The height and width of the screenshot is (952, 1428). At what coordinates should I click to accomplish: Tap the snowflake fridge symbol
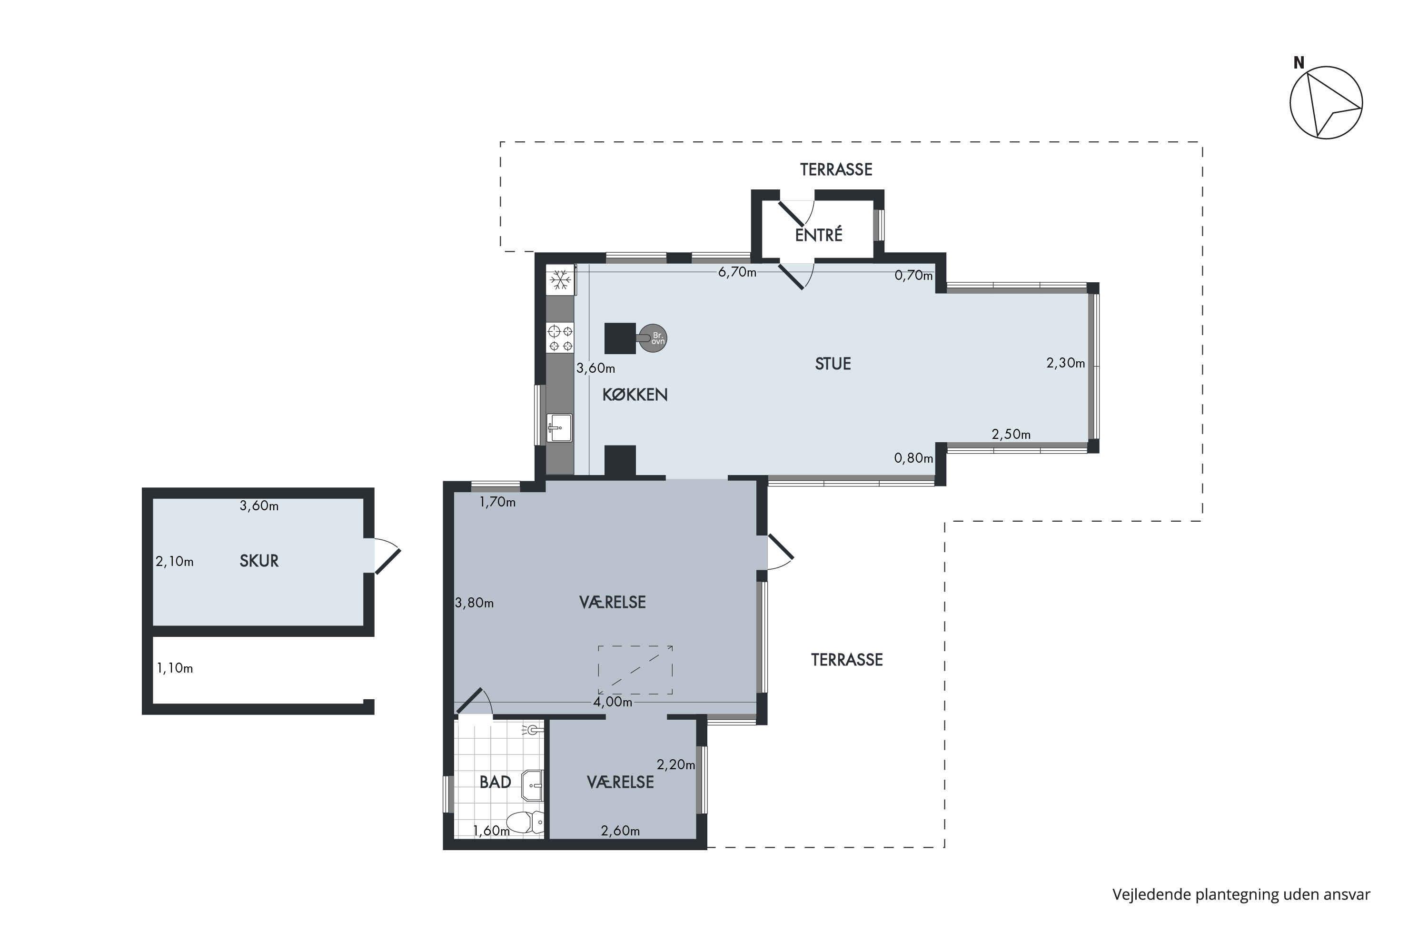point(560,280)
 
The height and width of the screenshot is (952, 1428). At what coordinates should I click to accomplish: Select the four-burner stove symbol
point(560,338)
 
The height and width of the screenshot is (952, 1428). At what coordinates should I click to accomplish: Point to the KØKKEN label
point(635,395)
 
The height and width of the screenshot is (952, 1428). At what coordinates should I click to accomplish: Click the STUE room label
point(833,364)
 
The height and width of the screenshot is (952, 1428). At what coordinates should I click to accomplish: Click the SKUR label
point(259,561)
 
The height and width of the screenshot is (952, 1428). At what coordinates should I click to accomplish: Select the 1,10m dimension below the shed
point(175,668)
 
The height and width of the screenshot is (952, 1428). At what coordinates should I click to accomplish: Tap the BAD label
point(495,782)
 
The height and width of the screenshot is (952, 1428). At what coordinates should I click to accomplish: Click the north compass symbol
point(1326,103)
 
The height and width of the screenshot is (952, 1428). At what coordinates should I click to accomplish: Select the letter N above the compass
point(1299,62)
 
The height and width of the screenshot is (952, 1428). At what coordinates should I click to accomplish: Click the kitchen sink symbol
point(559,427)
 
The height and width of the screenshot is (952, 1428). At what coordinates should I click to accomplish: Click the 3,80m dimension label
point(474,603)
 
